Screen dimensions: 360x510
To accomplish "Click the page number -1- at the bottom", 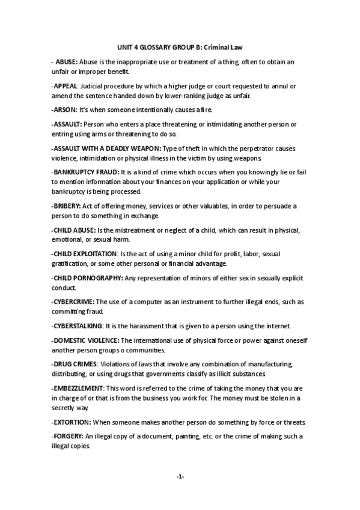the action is pos(180,477).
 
